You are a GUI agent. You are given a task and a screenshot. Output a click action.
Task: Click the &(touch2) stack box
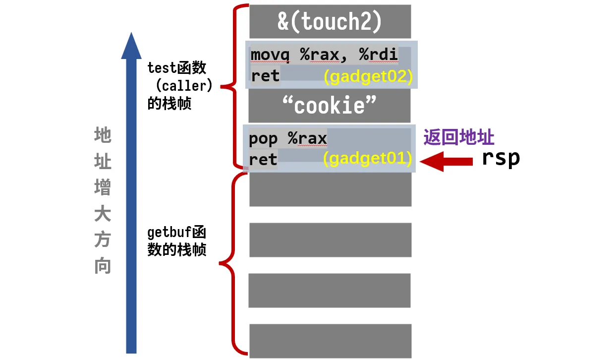330,21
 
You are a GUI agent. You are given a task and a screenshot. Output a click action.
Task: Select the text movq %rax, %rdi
324,55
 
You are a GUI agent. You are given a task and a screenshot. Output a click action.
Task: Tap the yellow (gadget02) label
368,77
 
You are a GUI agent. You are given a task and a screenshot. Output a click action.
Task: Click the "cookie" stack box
330,105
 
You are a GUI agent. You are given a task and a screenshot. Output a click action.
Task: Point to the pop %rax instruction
287,138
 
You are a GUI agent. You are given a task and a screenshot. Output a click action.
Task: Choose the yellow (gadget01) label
367,159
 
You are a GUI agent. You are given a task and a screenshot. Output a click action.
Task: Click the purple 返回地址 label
459,137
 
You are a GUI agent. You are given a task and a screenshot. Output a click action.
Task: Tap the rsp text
501,158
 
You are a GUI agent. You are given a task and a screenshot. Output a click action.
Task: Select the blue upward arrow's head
131,46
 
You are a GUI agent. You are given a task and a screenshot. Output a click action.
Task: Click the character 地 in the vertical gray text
103,135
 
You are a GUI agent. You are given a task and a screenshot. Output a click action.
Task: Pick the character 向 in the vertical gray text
103,267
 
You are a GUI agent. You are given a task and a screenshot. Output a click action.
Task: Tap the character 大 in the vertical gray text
103,214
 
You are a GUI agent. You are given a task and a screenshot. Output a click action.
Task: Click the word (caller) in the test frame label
184,86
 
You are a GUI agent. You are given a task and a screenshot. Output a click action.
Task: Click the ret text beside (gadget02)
265,76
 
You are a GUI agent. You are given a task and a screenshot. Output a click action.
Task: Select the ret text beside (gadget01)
263,160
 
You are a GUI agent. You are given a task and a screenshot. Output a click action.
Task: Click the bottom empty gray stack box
330,340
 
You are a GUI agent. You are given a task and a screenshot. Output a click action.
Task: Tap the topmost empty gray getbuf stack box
330,189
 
